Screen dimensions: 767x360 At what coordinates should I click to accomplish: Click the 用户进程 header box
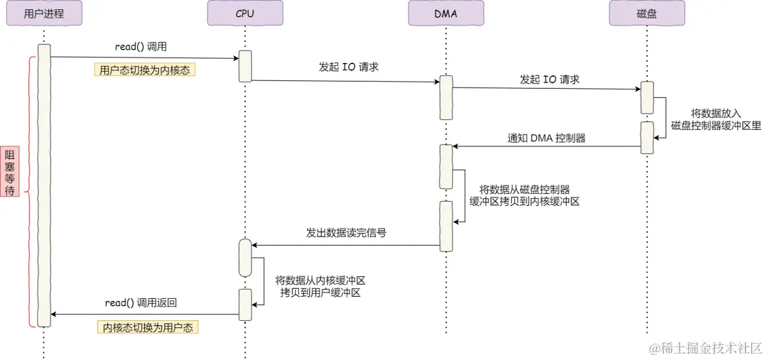(43, 13)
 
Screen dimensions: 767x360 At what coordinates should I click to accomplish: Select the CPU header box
(244, 13)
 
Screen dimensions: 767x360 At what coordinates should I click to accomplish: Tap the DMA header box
(446, 13)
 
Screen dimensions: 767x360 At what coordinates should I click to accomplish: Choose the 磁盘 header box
(647, 13)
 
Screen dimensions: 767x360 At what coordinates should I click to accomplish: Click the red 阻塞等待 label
(10, 171)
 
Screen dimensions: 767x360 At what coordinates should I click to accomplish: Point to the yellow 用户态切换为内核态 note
(144, 70)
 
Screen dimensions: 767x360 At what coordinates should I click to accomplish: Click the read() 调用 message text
(141, 47)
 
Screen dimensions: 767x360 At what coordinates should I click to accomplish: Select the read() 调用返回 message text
(141, 303)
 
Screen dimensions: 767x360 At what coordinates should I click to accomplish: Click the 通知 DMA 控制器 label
(546, 138)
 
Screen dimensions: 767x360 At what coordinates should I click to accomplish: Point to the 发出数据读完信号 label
(347, 233)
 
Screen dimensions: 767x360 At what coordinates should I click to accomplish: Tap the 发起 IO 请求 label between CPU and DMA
(349, 67)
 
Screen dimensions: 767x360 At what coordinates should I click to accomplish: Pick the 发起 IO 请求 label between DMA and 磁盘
(550, 80)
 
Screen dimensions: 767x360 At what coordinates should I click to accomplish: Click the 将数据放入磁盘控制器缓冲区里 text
(716, 119)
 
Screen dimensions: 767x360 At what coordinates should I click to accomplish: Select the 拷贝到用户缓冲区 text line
(320, 293)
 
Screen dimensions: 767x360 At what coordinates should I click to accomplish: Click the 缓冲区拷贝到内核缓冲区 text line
(524, 201)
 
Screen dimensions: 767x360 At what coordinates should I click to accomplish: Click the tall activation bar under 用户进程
(44, 185)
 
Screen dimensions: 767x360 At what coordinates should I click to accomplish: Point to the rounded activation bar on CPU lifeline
(244, 258)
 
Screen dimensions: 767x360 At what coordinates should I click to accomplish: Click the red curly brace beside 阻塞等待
(28, 191)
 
